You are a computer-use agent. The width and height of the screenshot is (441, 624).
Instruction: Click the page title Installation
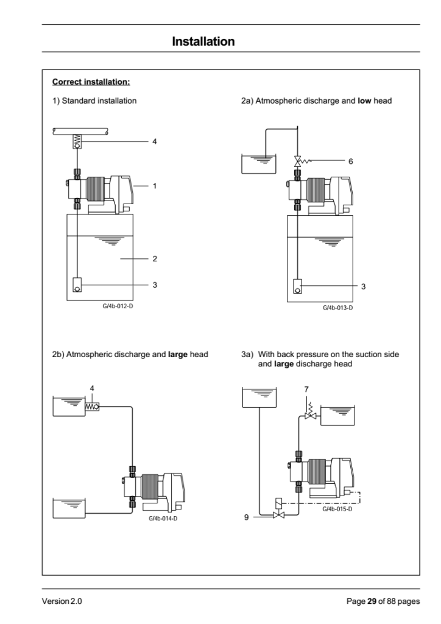203,41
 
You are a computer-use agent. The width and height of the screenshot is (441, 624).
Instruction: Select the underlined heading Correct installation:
91,82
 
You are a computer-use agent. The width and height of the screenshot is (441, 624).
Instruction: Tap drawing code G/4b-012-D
118,307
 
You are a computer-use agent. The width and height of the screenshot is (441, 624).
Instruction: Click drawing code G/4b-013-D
337,308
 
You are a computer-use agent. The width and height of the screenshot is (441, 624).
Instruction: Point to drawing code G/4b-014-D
163,519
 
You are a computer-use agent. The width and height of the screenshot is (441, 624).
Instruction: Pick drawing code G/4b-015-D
337,509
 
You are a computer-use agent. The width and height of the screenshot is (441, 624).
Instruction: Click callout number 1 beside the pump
155,186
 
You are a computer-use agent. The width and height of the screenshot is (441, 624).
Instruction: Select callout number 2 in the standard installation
155,258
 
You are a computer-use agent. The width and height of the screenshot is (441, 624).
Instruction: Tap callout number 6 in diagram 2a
351,161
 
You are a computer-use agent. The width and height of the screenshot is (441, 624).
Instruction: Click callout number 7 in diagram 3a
306,389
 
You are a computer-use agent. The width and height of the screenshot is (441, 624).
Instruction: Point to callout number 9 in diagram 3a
246,517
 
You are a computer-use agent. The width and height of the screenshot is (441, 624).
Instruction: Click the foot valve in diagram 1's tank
77,285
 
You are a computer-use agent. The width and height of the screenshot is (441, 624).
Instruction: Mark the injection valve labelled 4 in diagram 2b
92,406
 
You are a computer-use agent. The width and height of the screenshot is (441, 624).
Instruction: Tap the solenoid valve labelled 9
279,510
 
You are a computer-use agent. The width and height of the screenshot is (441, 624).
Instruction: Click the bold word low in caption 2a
364,101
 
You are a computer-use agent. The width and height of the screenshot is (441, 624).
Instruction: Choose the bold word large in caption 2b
178,354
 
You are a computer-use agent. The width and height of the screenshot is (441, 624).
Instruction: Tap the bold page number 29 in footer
372,601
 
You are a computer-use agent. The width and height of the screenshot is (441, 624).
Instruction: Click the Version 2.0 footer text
62,601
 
